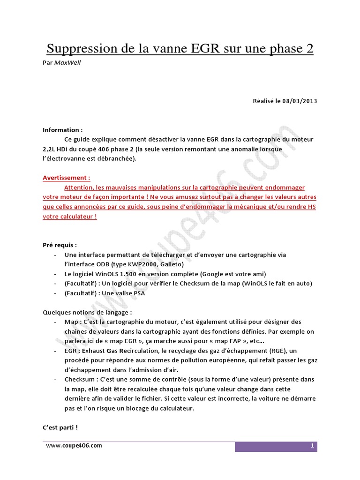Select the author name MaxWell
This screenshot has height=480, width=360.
point(67,62)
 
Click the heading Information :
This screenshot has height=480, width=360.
point(63,130)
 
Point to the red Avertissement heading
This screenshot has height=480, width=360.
point(66,178)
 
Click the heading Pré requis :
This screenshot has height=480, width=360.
point(60,245)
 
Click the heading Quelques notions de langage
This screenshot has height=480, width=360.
point(87,312)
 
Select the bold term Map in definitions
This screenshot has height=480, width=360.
point(71,322)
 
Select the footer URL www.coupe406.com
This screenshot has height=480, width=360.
point(74,445)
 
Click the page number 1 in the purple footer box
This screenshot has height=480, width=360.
point(312,446)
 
